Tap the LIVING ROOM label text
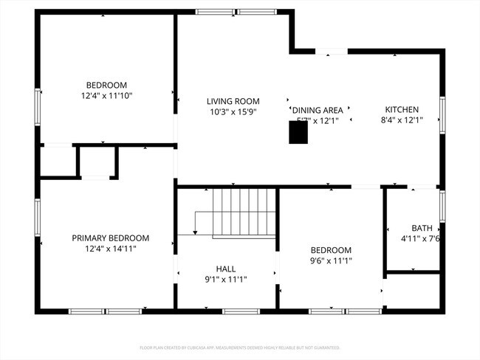pos(233,102)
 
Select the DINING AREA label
pos(318,110)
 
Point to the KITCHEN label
pos(401,109)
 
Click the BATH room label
pos(422,228)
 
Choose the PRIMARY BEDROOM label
pos(110,238)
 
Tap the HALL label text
pos(226,269)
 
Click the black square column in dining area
pos(298,132)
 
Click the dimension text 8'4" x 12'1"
pos(401,120)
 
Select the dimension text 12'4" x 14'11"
pos(110,249)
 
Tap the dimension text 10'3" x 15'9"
pos(233,113)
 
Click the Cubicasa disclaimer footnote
pos(240,347)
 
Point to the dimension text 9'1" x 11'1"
pos(226,280)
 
